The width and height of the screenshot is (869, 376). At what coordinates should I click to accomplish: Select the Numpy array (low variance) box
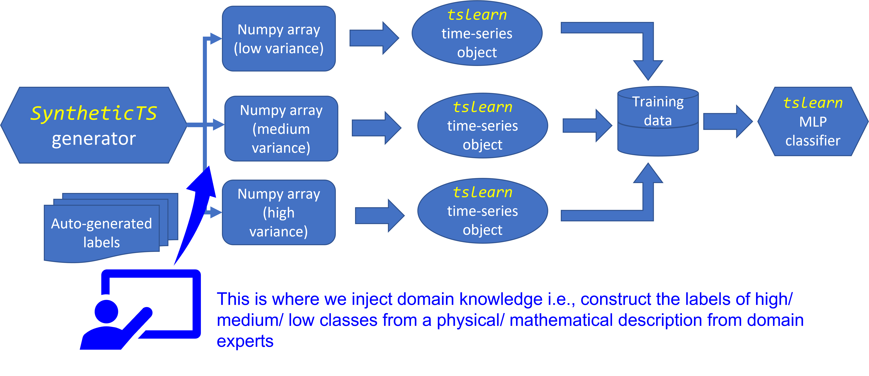[x=279, y=39]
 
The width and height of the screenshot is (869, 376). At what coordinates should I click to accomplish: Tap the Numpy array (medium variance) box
[x=281, y=129]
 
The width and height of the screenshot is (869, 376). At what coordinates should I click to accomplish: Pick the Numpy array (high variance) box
[x=279, y=212]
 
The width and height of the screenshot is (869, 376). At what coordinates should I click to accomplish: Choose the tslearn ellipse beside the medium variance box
[x=482, y=126]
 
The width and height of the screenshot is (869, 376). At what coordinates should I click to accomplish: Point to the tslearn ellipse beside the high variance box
[x=482, y=211]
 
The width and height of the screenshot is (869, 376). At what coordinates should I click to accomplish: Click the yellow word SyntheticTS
[x=94, y=113]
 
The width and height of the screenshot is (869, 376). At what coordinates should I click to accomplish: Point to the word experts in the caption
[x=245, y=341]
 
